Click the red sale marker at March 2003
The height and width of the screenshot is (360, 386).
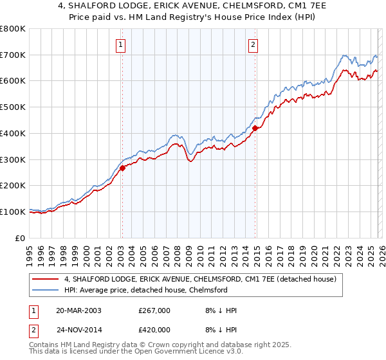click(122, 168)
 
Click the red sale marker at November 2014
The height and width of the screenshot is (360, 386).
click(255, 128)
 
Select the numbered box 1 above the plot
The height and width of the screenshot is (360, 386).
click(120, 44)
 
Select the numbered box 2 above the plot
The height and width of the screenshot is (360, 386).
click(253, 44)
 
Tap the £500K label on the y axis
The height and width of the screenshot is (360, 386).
click(13, 107)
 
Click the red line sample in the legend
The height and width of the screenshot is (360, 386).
click(46, 280)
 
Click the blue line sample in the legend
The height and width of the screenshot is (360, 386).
click(46, 290)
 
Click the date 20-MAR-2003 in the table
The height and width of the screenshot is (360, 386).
click(78, 310)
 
